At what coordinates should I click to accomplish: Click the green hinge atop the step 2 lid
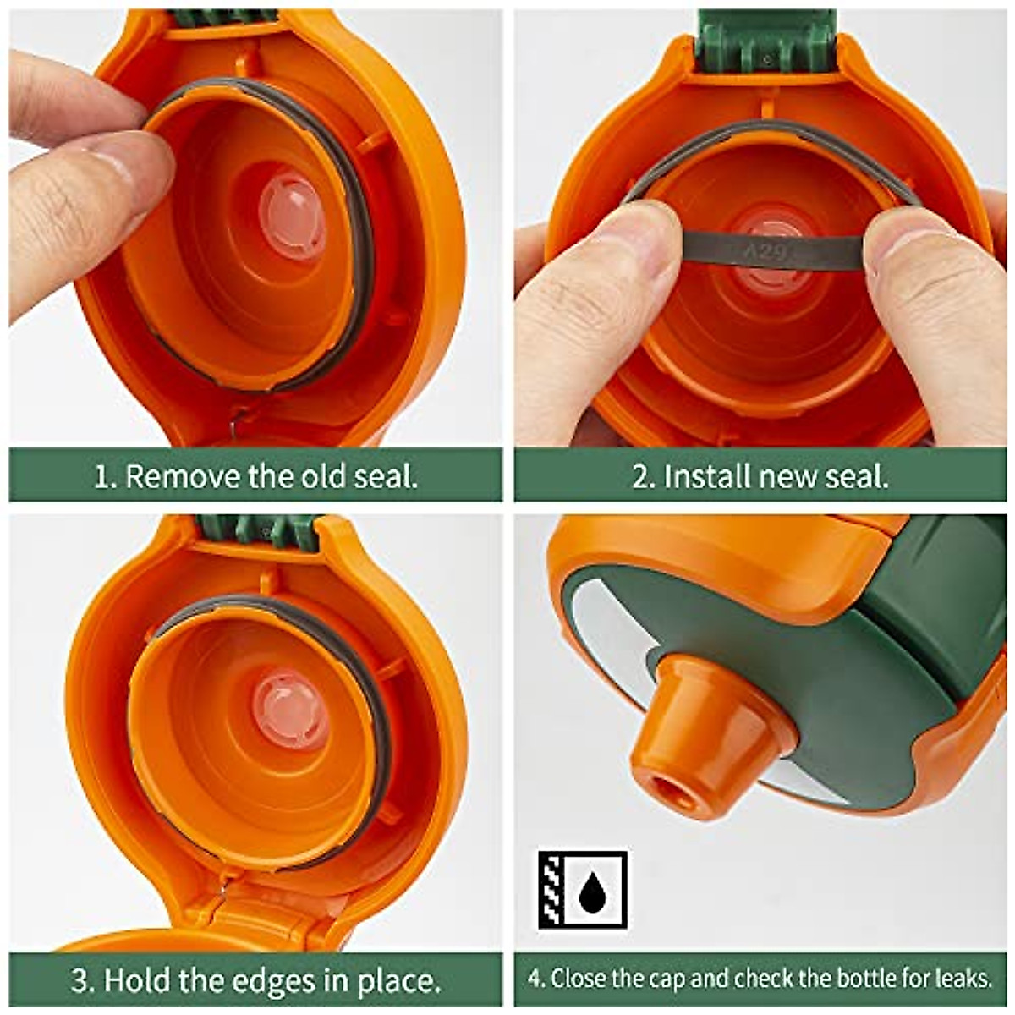(x=765, y=38)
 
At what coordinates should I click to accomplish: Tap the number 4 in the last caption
(x=535, y=979)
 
